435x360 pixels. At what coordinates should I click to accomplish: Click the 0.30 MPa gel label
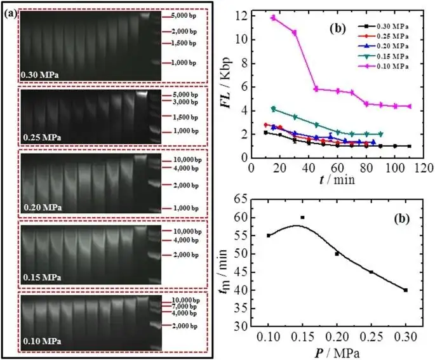41,75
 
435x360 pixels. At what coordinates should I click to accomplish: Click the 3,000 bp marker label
185,102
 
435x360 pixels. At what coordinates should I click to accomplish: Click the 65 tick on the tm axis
245,199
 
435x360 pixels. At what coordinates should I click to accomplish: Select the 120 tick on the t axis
422,169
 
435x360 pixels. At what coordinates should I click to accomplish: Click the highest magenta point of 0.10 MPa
274,18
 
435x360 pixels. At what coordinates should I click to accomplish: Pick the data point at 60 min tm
302,217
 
